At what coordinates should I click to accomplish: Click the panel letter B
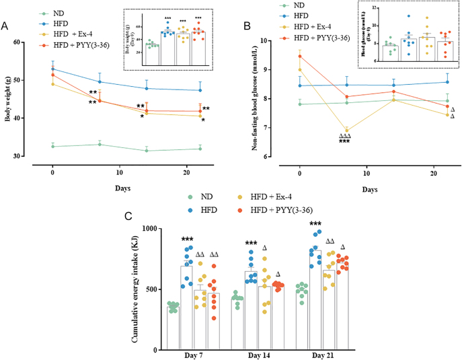(247, 26)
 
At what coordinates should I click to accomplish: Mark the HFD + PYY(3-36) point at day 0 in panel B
(299, 57)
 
